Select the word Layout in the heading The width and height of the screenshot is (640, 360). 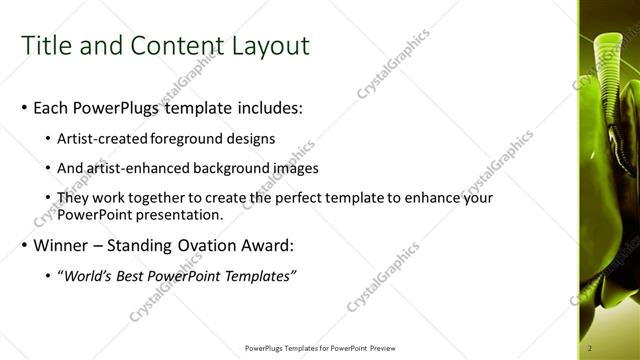(x=268, y=47)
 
